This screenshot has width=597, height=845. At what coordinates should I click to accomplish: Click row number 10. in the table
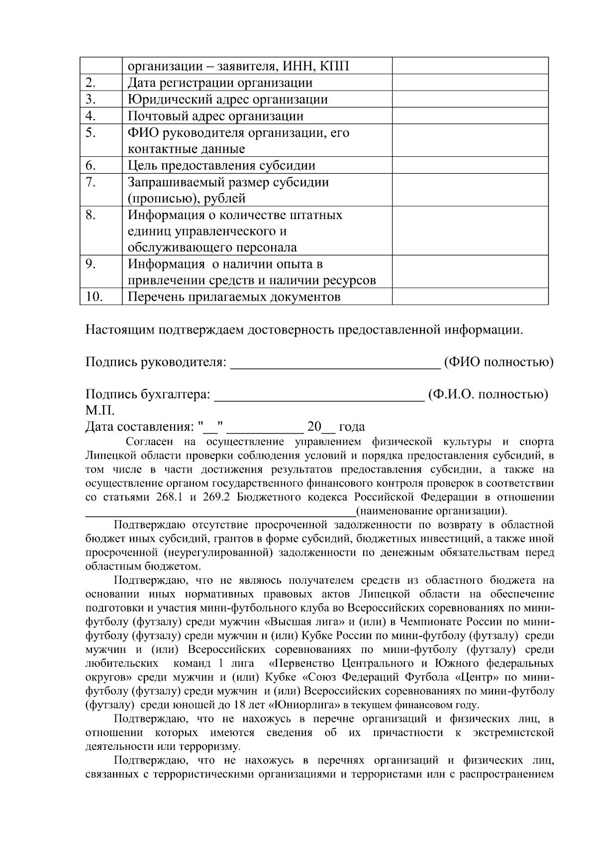94,297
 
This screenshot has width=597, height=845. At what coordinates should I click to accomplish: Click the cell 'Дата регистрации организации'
220,83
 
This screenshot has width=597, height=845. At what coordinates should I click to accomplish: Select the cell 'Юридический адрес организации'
227,99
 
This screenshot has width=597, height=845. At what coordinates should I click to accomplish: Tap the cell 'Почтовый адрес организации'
215,116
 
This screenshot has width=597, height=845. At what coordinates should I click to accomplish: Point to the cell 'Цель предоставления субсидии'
221,165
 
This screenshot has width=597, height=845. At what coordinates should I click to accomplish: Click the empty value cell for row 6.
470,165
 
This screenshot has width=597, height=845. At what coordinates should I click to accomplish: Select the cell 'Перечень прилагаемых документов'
234,297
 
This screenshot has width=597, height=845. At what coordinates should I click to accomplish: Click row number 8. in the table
90,215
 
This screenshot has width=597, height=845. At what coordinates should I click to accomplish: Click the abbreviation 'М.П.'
100,411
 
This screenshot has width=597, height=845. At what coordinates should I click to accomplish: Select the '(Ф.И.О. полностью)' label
488,394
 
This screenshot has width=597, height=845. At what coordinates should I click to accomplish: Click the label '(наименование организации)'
431,511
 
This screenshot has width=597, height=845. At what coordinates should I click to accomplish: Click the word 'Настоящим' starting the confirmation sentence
120,330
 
